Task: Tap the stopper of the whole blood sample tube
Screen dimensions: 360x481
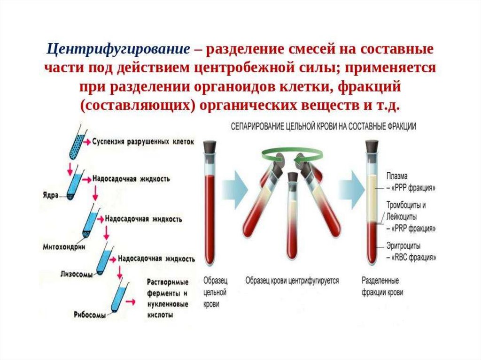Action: (210, 146)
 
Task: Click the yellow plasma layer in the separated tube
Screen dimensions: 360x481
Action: (373, 197)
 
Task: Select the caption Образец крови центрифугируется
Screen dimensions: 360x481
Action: (292, 281)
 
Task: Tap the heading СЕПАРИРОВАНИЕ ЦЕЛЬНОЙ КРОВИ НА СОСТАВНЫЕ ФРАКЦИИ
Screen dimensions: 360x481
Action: (323, 127)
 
